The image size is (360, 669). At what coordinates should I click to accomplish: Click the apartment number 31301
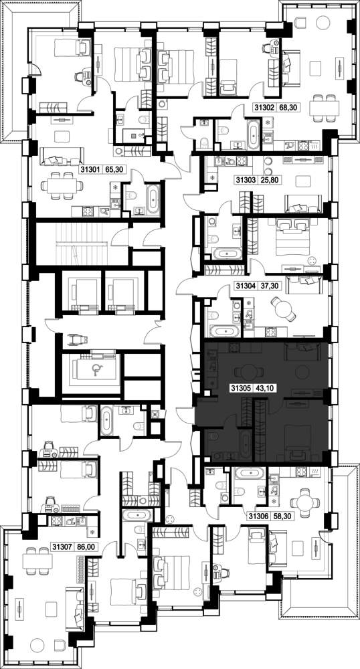(90, 170)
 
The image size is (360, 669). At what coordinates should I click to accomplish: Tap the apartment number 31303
(244, 180)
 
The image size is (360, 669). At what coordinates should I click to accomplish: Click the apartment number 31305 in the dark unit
(240, 389)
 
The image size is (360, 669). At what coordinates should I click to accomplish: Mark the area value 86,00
(84, 546)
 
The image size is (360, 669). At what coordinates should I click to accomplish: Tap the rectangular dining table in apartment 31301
(62, 185)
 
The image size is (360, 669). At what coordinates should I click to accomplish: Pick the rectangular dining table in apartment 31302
(324, 106)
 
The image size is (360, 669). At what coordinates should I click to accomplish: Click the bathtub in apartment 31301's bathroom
(153, 199)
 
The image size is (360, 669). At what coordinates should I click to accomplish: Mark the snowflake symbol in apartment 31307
(92, 533)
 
